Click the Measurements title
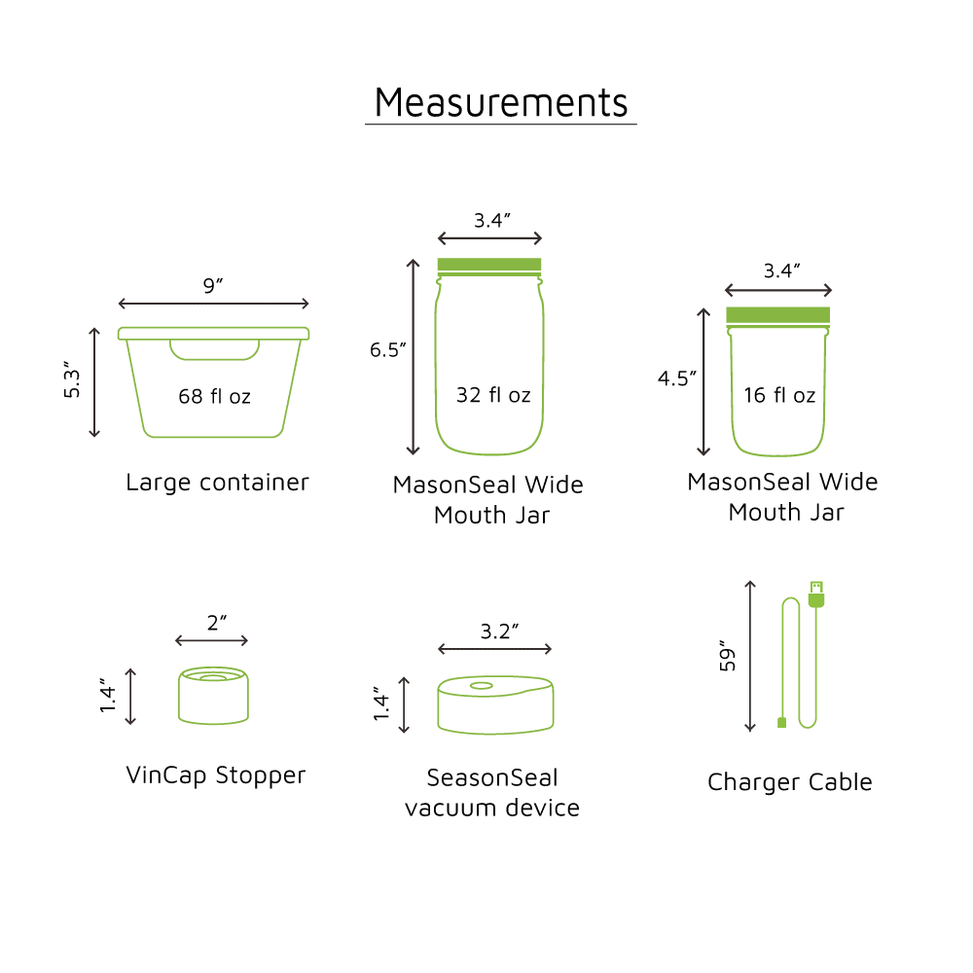501,102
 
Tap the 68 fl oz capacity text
215,396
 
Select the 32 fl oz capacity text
493,395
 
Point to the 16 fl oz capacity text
779,395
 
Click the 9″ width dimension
213,285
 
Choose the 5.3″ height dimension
72,379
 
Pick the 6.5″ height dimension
388,350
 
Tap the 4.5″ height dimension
677,378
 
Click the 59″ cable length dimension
727,656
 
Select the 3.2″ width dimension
499,631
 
